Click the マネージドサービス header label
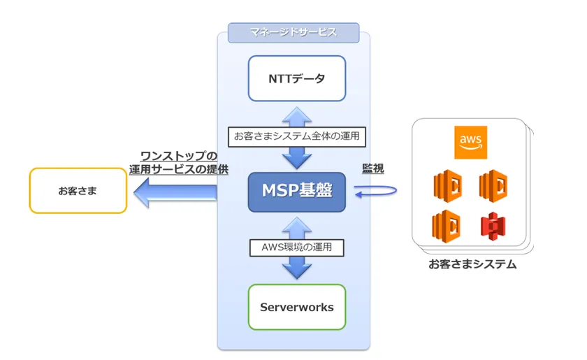click(x=293, y=32)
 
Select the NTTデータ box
click(x=297, y=78)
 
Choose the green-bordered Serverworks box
click(x=297, y=307)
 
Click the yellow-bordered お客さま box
click(x=78, y=190)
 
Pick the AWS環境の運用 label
click(x=297, y=246)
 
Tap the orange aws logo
click(x=470, y=142)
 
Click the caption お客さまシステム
click(x=472, y=265)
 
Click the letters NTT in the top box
click(x=280, y=78)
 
